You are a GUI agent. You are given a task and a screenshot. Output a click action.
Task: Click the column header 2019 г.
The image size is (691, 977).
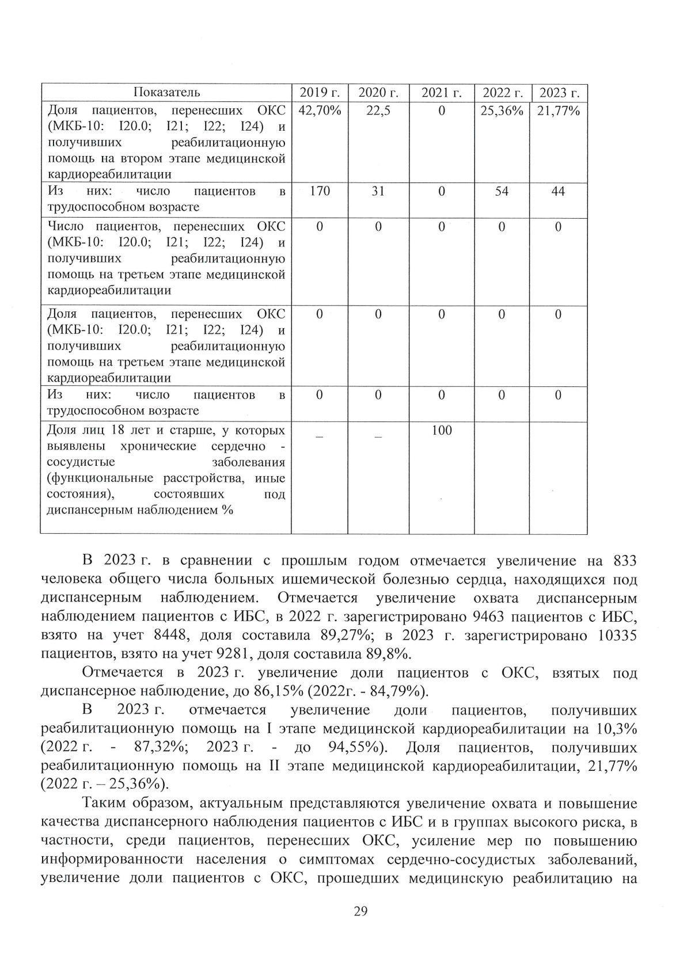pos(320,93)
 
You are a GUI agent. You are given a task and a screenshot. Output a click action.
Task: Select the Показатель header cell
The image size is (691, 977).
pos(167,93)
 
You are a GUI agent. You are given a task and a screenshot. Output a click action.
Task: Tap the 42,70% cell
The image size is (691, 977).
pos(320,111)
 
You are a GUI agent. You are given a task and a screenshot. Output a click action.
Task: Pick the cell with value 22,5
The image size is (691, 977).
pos(378,111)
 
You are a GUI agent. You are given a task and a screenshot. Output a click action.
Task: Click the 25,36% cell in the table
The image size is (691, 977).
pos(502,111)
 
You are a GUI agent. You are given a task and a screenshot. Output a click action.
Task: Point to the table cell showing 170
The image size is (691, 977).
pos(320,191)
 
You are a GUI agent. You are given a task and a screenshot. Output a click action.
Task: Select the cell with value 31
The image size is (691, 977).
pos(378,191)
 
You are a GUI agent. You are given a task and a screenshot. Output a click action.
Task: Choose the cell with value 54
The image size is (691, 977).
pos(502,191)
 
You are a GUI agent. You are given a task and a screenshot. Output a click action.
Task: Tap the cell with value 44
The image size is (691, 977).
pos(558,191)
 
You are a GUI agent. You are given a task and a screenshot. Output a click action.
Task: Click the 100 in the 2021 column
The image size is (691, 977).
pos(442,431)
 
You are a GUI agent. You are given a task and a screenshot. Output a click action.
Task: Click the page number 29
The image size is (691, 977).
pos(360,911)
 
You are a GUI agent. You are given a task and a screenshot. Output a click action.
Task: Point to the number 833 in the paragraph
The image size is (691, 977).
pos(625,561)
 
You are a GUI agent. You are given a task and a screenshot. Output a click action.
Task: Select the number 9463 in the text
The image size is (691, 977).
pos(488,617)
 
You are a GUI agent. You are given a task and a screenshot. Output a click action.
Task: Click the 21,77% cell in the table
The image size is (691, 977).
pos(558,111)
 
